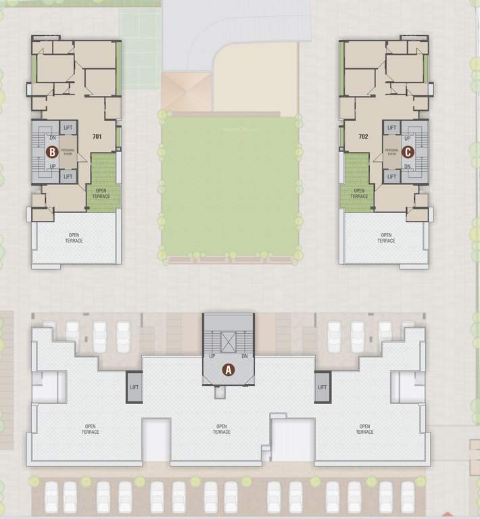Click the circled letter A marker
coord(229,370)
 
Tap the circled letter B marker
coord(52,152)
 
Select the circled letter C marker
coord(408,152)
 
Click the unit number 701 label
coord(97,137)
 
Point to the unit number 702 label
coord(364,137)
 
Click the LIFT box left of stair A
coord(134,387)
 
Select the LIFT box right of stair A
coord(322,387)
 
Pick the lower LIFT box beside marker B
coord(68,176)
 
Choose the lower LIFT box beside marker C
coord(391,176)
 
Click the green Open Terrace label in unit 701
coord(101,194)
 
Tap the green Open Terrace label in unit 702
coord(359,194)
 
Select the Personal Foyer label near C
coord(391,152)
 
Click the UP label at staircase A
coord(212,356)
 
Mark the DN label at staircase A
coord(244,356)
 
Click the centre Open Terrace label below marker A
coord(221,429)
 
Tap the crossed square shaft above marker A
coord(229,341)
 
